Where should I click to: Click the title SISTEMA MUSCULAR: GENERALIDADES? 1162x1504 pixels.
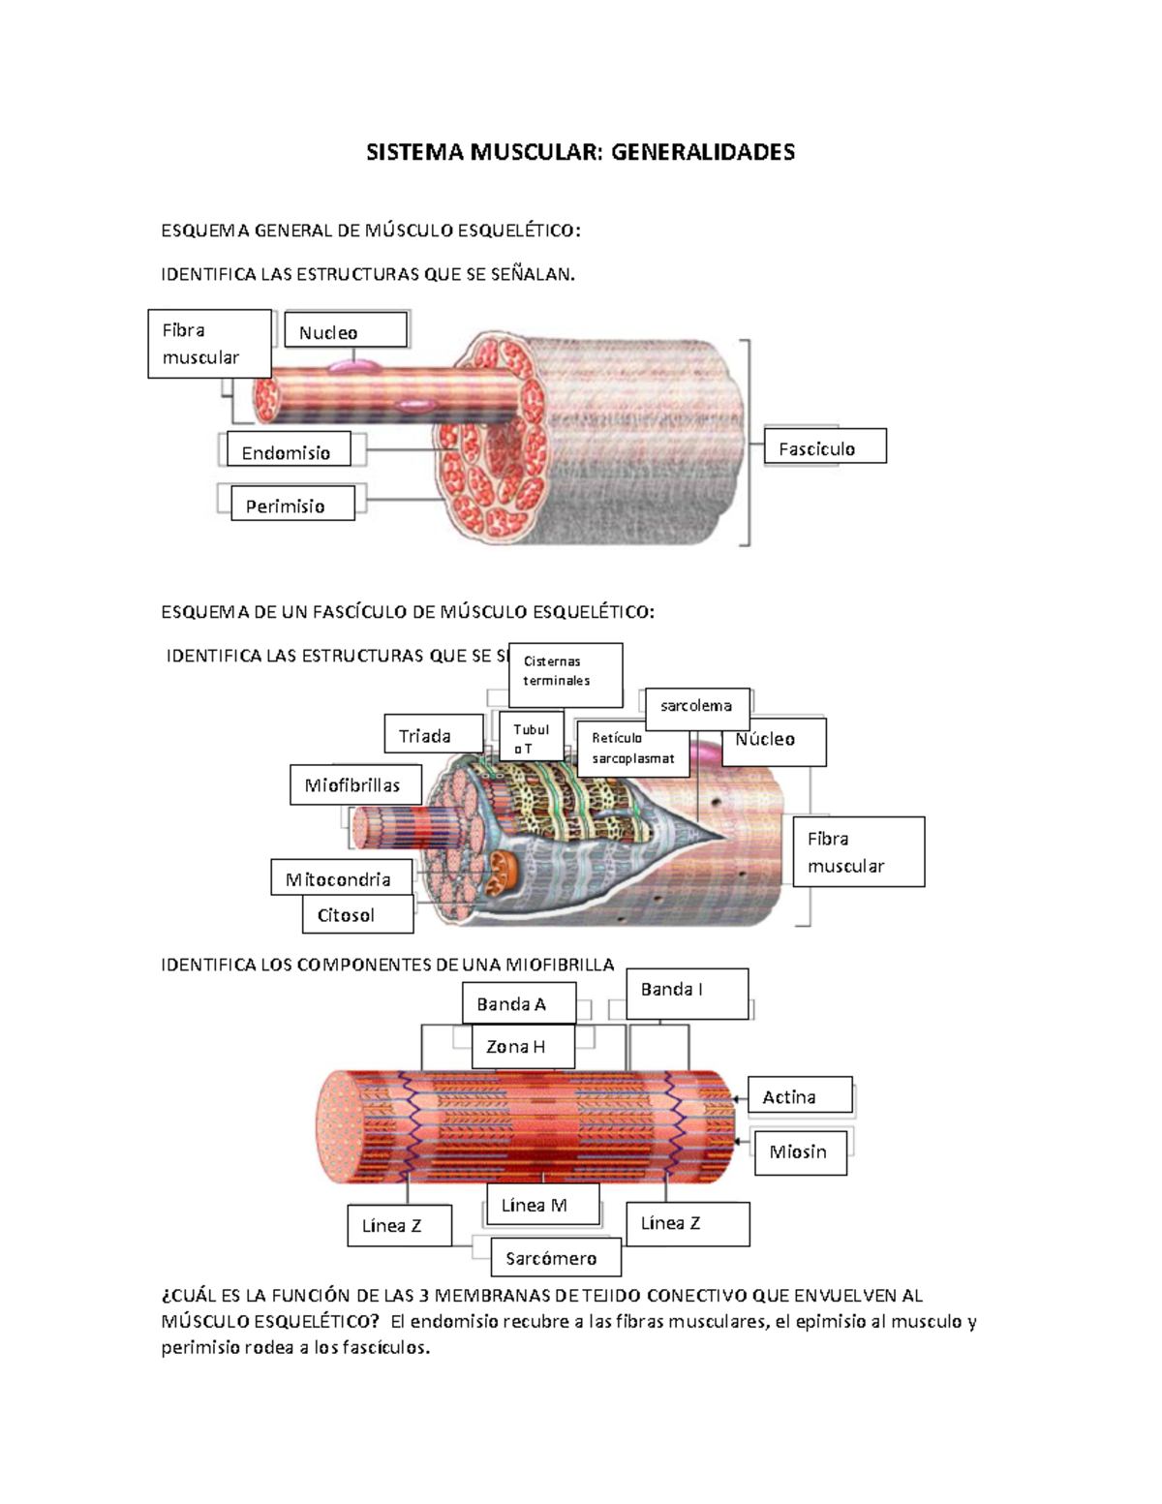[580, 152]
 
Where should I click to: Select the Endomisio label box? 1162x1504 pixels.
[288, 450]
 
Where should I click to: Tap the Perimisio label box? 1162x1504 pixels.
[291, 504]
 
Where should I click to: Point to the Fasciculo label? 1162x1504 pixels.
[824, 446]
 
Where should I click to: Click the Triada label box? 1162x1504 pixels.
[433, 735]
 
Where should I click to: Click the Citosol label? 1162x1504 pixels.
[357, 914]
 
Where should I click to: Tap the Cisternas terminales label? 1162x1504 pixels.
[565, 672]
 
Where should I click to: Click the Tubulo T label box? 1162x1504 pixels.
[532, 738]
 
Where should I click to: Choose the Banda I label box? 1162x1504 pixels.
[687, 993]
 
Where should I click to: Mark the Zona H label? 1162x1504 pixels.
[522, 1047]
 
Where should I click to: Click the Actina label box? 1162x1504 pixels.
[799, 1095]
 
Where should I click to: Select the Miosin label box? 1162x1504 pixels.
[800, 1152]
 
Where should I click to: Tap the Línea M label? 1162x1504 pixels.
[540, 1205]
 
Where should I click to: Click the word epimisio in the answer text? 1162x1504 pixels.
[829, 1321]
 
